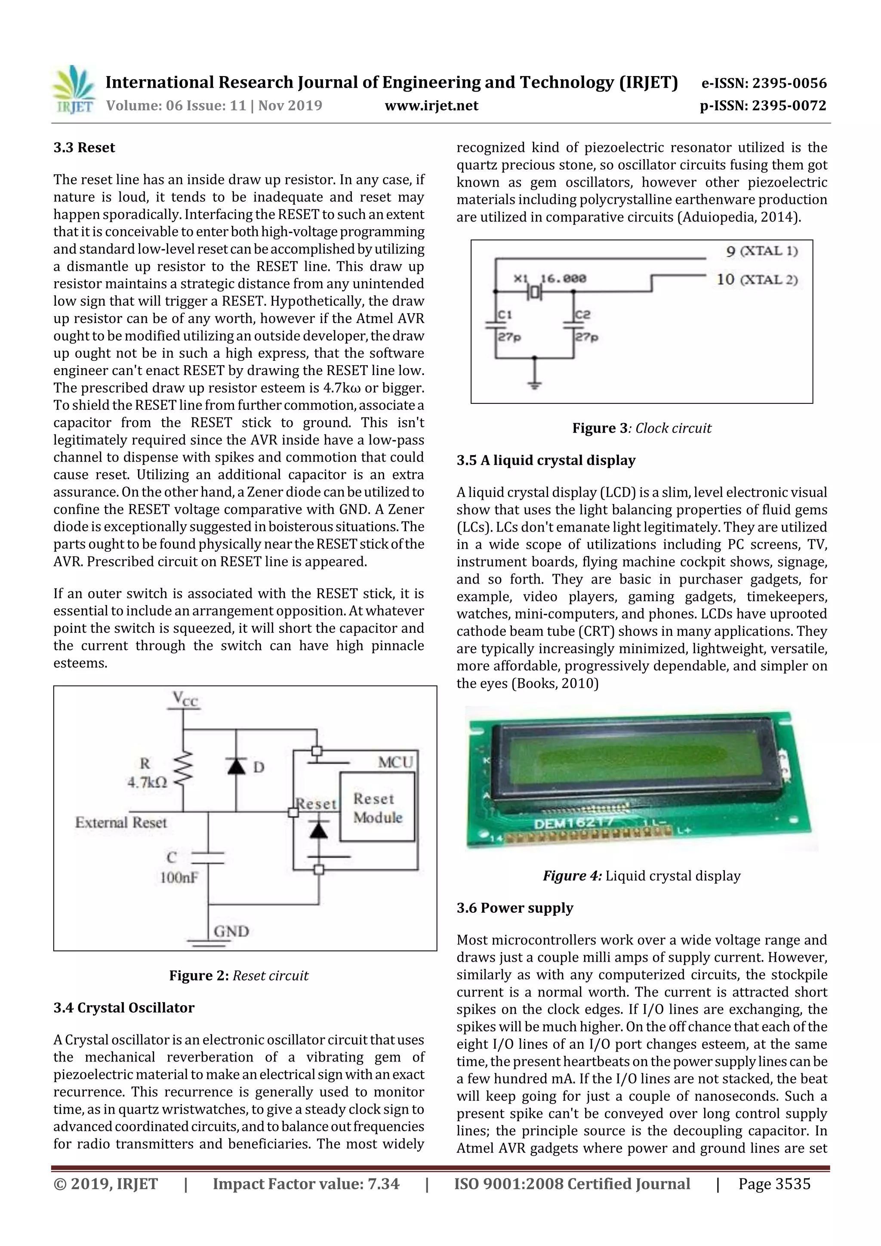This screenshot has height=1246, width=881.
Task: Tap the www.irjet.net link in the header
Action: point(431,106)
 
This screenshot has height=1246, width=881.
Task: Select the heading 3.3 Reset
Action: point(84,148)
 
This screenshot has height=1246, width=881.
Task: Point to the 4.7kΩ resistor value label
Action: point(147,782)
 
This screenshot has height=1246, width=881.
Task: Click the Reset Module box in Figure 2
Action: point(377,807)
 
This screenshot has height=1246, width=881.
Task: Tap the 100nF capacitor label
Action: point(179,877)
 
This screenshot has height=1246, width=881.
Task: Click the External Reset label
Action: point(120,822)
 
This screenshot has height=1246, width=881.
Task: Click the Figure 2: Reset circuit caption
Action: point(239,976)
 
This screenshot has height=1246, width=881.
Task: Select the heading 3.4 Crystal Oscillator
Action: point(124,1008)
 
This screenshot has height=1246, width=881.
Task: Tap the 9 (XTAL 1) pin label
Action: point(761,251)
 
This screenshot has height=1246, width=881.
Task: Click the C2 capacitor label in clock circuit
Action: point(582,315)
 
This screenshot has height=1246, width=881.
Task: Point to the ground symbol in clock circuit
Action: point(535,383)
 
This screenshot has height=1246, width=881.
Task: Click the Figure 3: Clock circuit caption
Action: point(642,428)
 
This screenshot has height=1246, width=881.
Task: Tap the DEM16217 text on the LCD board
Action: point(574,823)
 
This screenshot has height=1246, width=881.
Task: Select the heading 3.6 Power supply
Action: point(514,908)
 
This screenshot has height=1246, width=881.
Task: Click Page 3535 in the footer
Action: point(774,1184)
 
